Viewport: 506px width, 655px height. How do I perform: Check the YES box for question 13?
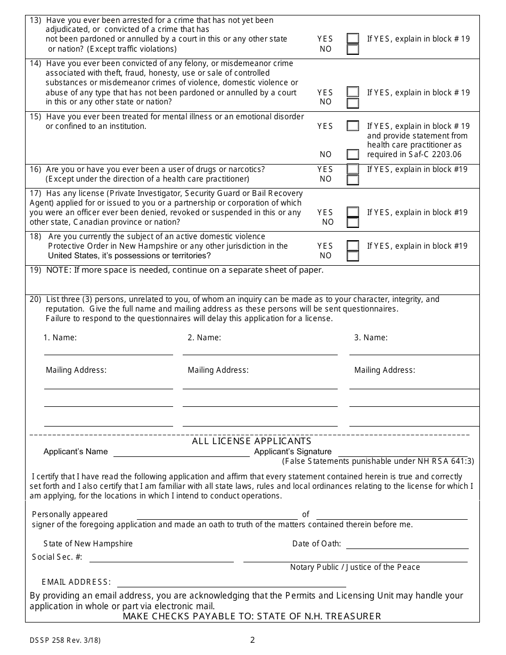tap(353, 38)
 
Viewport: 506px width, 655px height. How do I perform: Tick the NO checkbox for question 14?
tap(353, 103)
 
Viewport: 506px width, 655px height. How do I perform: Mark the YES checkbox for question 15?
tap(353, 126)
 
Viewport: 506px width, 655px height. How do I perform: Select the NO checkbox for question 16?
tap(353, 180)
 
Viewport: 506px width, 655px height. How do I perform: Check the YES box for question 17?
tap(353, 212)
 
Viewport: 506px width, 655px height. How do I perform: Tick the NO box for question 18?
tap(353, 256)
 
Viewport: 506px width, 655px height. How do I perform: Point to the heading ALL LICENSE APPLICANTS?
tap(251, 441)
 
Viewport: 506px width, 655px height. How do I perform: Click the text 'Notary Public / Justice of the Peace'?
tap(355, 567)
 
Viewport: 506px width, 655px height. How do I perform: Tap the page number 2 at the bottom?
tap(252, 640)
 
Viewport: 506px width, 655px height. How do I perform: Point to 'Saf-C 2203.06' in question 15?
tap(435, 154)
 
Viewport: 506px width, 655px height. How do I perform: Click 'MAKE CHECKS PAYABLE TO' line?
tap(252, 616)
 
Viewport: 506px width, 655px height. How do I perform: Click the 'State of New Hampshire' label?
tap(88, 544)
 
